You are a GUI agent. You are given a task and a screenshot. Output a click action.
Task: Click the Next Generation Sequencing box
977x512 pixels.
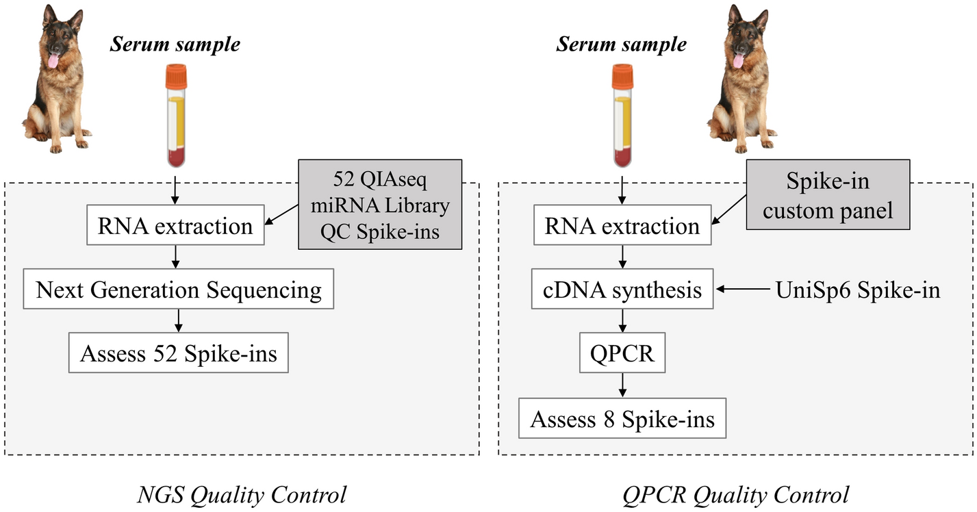[x=179, y=290]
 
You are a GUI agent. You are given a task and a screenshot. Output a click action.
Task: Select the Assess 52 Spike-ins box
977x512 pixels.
[x=179, y=354]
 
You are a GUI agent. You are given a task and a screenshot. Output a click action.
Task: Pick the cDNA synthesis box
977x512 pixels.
[x=623, y=290]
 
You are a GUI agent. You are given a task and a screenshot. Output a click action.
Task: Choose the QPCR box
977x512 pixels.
[x=623, y=354]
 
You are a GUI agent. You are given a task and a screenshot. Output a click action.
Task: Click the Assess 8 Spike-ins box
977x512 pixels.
[x=622, y=418]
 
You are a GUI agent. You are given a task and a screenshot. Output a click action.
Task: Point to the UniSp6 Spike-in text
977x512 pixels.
[x=857, y=290]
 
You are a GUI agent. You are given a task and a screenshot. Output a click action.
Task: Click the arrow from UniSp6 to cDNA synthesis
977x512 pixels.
[x=743, y=290]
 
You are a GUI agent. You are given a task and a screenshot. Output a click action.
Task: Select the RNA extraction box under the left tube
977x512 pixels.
[x=175, y=226]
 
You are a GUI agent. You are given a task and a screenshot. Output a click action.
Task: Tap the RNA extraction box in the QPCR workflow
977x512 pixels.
[x=622, y=226]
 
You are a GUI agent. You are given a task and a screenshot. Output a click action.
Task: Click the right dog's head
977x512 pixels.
[x=741, y=41]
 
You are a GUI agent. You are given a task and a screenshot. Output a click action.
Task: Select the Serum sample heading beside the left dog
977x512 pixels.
[x=176, y=44]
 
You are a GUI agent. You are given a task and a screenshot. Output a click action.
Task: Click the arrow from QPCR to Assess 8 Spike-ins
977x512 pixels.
[x=622, y=385]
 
